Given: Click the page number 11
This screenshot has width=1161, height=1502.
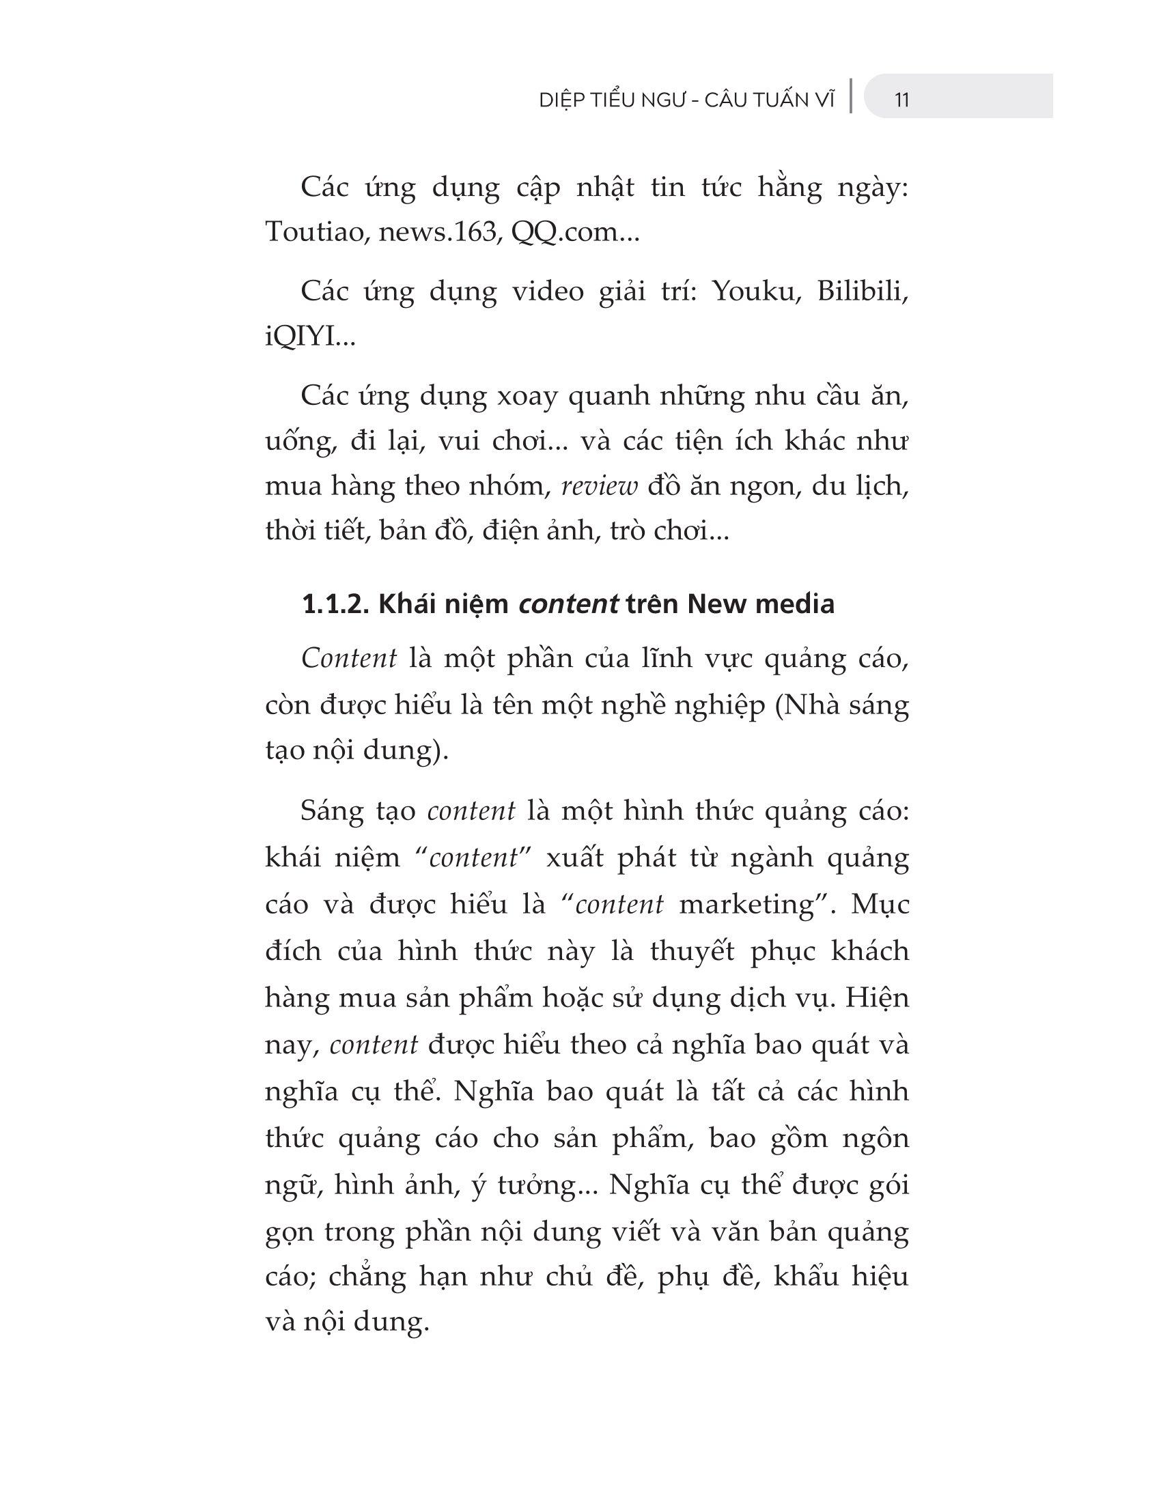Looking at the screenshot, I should point(901,100).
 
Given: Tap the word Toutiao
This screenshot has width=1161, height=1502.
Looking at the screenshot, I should point(309,232).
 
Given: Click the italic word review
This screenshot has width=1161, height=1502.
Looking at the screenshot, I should point(600,486).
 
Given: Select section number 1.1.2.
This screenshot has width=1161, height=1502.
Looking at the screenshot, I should point(335,604).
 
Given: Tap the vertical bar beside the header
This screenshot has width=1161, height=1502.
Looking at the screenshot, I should point(852,96).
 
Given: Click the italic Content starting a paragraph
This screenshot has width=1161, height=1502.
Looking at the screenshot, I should point(349,659).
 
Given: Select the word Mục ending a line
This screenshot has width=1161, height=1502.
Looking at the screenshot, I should point(880,905).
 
